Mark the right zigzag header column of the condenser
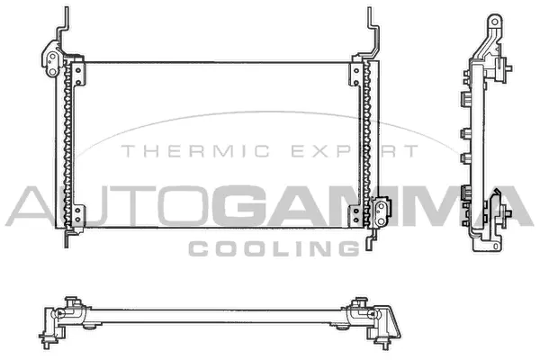[x=365, y=144]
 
